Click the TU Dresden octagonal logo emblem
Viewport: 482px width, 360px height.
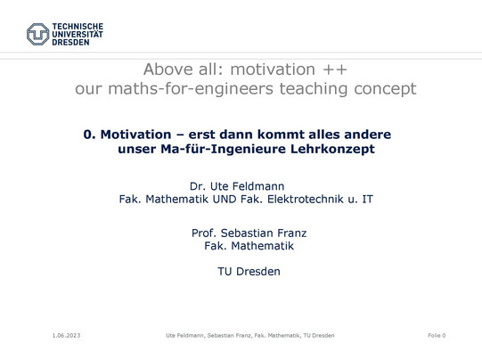(x=37, y=34)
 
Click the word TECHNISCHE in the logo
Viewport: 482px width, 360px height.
(x=78, y=27)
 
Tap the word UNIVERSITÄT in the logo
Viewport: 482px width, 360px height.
(x=78, y=35)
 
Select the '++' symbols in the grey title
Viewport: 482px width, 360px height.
(x=335, y=70)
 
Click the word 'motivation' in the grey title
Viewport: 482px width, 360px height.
(x=273, y=70)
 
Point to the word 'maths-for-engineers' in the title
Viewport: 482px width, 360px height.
(x=191, y=89)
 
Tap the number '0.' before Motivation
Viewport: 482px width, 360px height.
(x=89, y=135)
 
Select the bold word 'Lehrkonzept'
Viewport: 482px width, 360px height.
(x=332, y=149)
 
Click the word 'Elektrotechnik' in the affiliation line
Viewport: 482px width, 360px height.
(x=305, y=200)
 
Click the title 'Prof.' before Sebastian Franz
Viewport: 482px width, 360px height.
(x=203, y=233)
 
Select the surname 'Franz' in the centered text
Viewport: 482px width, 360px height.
(x=288, y=233)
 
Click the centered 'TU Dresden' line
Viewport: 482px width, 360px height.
(x=249, y=272)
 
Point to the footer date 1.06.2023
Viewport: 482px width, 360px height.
(x=66, y=335)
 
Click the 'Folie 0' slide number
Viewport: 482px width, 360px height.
(x=437, y=335)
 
